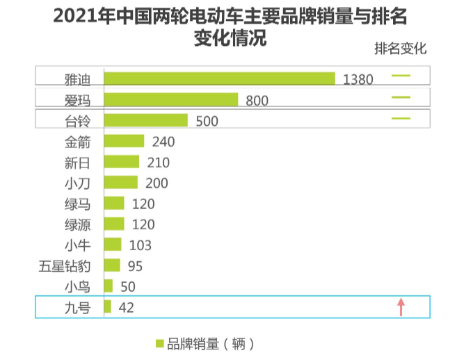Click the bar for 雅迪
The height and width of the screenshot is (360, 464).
coord(219,79)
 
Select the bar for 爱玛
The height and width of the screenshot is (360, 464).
coord(170,99)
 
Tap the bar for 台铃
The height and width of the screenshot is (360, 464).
coord(145,120)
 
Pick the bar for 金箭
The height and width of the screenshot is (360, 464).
coord(124,141)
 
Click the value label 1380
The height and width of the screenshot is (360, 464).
coord(358,79)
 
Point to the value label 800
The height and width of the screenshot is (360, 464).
coord(257,101)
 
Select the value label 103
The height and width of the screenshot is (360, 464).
coord(140,245)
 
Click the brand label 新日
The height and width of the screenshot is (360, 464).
coord(77,163)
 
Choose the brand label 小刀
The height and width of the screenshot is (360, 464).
coord(77,183)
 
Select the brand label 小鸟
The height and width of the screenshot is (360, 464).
coord(77,286)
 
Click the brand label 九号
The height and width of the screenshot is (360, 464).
coord(77,307)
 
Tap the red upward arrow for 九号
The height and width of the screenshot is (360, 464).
coord(401,306)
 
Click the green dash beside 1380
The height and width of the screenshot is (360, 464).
coord(401,76)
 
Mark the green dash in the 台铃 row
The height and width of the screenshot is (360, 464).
coord(401,118)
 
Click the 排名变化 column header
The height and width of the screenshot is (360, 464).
coord(400,49)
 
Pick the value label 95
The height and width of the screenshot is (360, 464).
coord(137,265)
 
